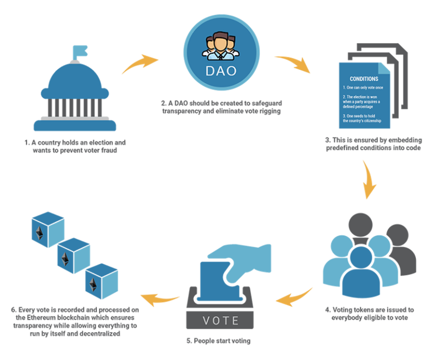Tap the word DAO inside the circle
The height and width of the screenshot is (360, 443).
click(221, 70)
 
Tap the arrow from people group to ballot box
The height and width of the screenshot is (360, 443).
click(294, 296)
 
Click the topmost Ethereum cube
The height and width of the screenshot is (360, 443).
click(47, 228)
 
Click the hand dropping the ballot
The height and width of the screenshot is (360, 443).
click(245, 256)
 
